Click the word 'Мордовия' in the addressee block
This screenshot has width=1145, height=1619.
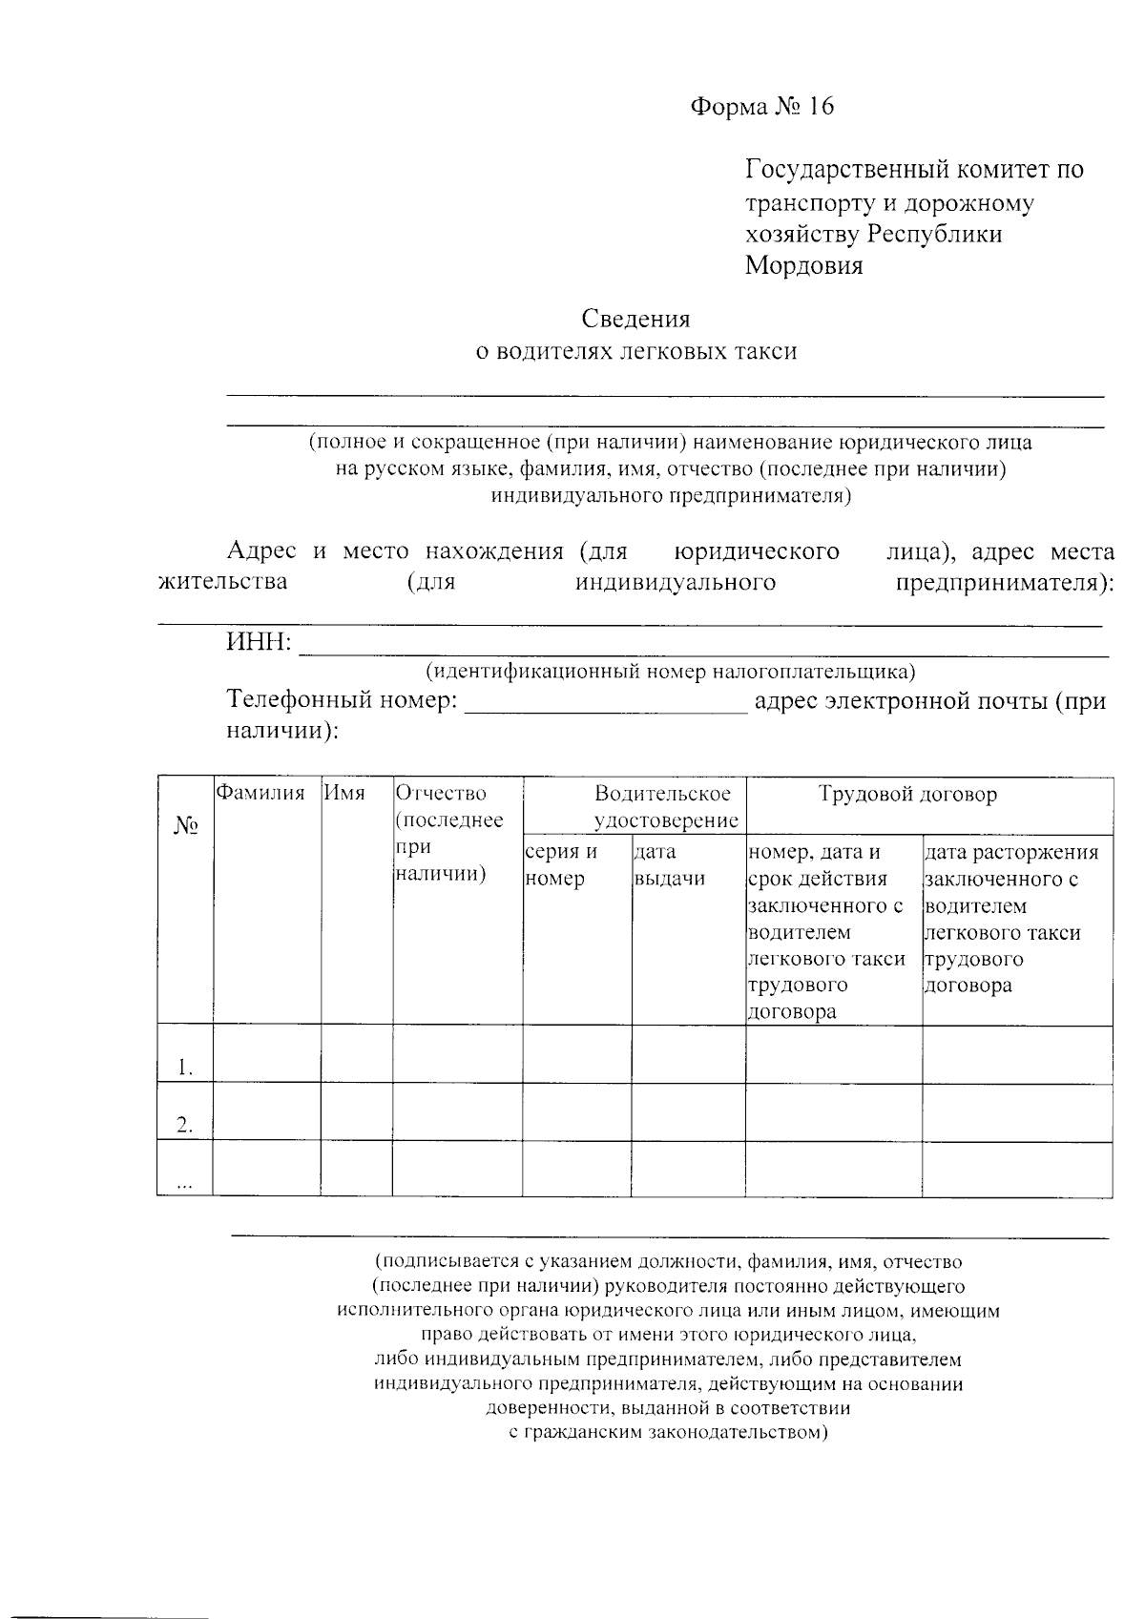tap(803, 266)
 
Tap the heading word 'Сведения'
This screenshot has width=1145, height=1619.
tap(635, 319)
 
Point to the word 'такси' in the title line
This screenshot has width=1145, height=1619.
tap(765, 352)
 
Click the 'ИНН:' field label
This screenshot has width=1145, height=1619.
tap(259, 643)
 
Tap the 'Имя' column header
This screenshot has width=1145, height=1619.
tap(343, 793)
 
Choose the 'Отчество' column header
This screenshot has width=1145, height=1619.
tap(441, 793)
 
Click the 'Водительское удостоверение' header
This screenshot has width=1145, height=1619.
tap(664, 807)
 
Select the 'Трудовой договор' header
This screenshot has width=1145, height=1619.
tap(907, 794)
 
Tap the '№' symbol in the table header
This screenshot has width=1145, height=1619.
tap(185, 826)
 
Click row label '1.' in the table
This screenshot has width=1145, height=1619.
tap(185, 1069)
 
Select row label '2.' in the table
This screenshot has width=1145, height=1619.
tap(185, 1126)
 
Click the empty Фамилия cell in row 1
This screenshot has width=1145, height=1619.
tap(266, 1054)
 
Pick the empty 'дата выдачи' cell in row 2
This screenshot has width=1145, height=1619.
tap(687, 1112)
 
